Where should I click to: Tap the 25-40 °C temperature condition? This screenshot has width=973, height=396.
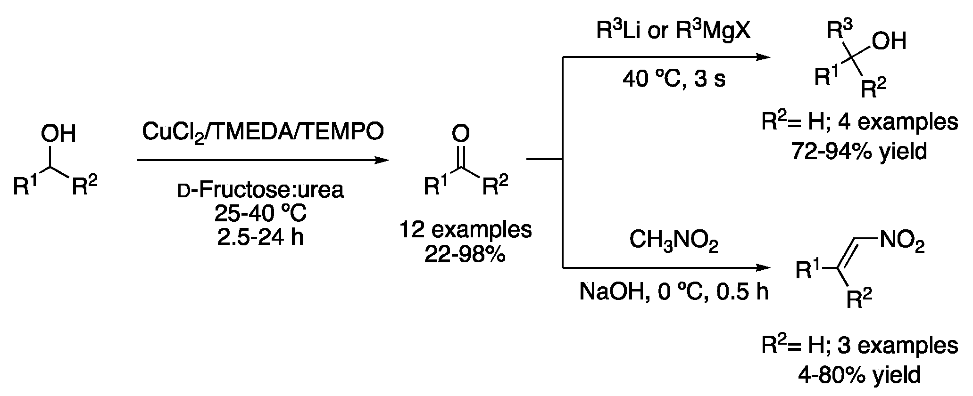pos(260,214)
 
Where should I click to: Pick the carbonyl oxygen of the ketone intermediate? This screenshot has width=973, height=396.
pos(460,134)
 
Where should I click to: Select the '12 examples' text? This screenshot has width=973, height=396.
pos(466,230)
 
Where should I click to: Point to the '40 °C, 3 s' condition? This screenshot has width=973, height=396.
pos(674,80)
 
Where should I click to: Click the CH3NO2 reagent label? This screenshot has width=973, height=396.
pos(674,243)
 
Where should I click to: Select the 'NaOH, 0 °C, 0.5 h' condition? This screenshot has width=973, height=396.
pos(674,292)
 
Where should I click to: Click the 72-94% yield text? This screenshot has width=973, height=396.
pos(860,152)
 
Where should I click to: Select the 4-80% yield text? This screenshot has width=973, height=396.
pos(860,375)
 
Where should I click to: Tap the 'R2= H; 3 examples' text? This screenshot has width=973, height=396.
pos(860,346)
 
